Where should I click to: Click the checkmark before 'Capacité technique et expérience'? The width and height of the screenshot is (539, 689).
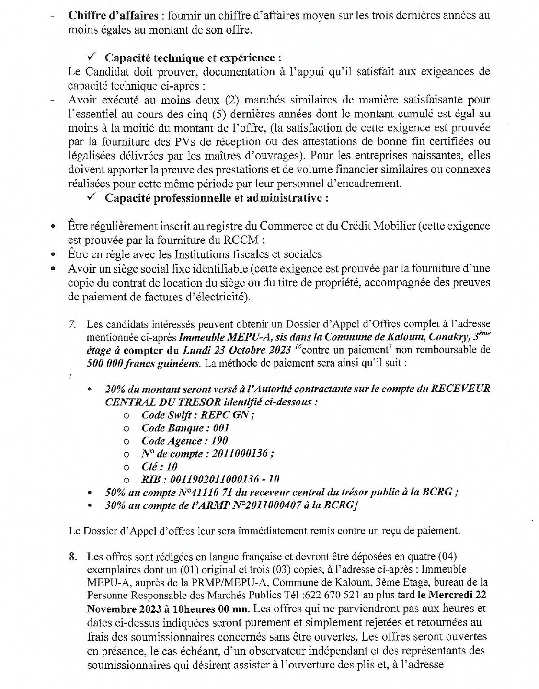point(92,57)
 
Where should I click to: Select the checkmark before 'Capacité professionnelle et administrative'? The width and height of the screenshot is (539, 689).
point(92,197)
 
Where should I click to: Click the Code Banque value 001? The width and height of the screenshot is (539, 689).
point(221,428)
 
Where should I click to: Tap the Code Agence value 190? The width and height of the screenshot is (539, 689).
point(219,441)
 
